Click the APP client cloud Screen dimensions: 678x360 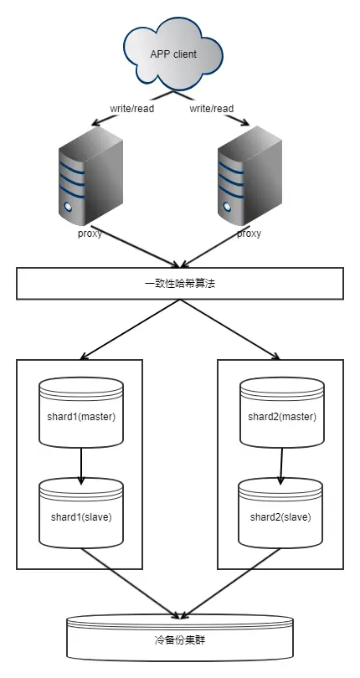point(173,54)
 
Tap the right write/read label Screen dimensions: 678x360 point(213,108)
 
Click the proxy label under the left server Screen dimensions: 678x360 point(89,234)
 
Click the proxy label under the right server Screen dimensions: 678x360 point(249,234)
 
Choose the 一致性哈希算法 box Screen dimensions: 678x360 point(180,283)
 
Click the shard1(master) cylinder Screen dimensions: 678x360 point(81,416)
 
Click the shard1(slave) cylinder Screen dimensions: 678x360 point(81,516)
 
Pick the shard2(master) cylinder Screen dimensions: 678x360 point(280,416)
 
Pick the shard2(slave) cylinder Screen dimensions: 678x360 point(280,516)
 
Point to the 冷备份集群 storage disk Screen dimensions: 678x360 point(180,648)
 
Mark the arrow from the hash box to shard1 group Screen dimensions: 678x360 point(130,329)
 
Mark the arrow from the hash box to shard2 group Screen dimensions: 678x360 point(230,329)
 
